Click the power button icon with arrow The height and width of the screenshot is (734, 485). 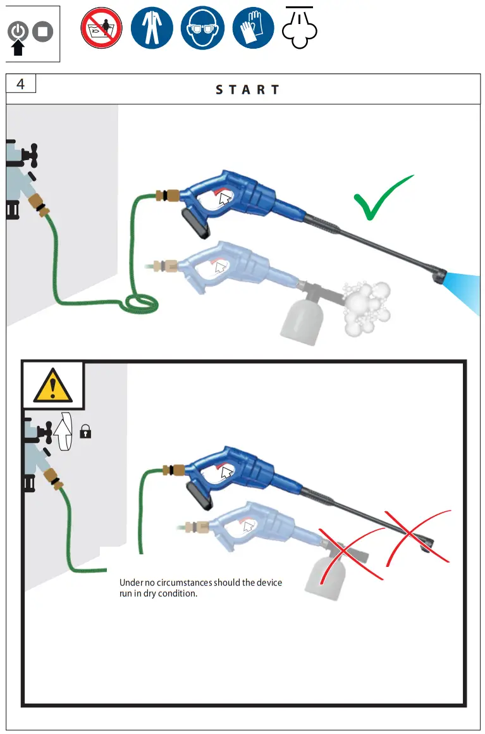[x=19, y=32]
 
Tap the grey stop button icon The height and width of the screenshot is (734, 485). [x=43, y=31]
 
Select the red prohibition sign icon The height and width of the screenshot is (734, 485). [x=101, y=28]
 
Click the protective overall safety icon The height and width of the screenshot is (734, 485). [x=150, y=28]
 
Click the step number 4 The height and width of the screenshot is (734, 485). [x=21, y=84]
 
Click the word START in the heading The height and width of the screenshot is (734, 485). [x=247, y=90]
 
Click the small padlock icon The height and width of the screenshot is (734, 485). [x=86, y=432]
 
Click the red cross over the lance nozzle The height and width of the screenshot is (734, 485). [x=417, y=535]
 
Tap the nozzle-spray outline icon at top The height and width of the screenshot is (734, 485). [x=300, y=28]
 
